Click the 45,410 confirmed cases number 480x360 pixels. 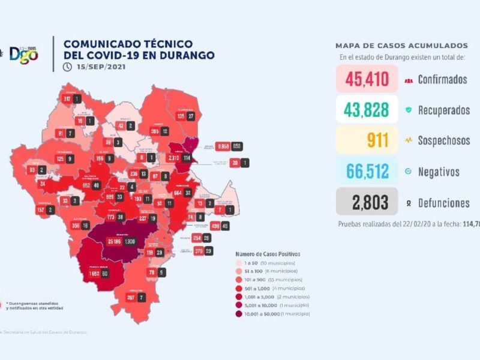click(366, 79)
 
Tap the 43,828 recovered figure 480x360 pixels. click(366, 109)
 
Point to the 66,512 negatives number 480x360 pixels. click(366, 172)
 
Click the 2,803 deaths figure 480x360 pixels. click(366, 202)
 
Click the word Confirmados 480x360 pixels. click(442, 79)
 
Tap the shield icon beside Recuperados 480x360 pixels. click(408, 110)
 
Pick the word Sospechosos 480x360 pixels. click(444, 141)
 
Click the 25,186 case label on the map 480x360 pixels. click(114, 241)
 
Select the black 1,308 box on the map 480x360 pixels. click(130, 241)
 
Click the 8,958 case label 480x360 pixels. click(223, 146)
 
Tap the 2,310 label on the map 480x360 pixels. click(174, 158)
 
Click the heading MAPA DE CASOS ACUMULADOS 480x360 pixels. click(401, 46)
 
